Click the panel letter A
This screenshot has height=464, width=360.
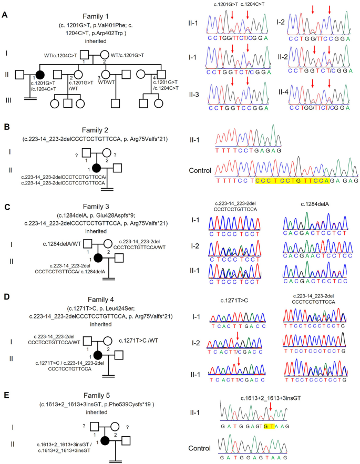pyautogui.click(x=5, y=15)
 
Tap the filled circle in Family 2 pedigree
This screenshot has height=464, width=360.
pyautogui.click(x=96, y=168)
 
